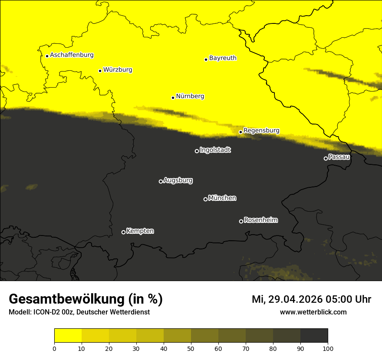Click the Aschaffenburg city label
(x=72, y=55)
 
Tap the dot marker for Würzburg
(x=100, y=71)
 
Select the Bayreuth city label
(x=223, y=58)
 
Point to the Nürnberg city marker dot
(x=173, y=98)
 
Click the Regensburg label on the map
(x=261, y=131)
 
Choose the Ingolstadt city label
(x=215, y=150)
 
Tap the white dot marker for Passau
(x=326, y=158)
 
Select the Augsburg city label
(x=178, y=180)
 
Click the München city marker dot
(x=205, y=199)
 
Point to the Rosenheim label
(x=261, y=220)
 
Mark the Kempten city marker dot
(x=123, y=232)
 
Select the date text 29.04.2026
(x=295, y=299)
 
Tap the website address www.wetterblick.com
(x=313, y=312)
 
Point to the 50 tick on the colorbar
(x=191, y=348)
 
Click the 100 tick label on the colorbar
(x=328, y=348)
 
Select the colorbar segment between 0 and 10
(x=68, y=336)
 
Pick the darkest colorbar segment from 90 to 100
(x=314, y=336)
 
